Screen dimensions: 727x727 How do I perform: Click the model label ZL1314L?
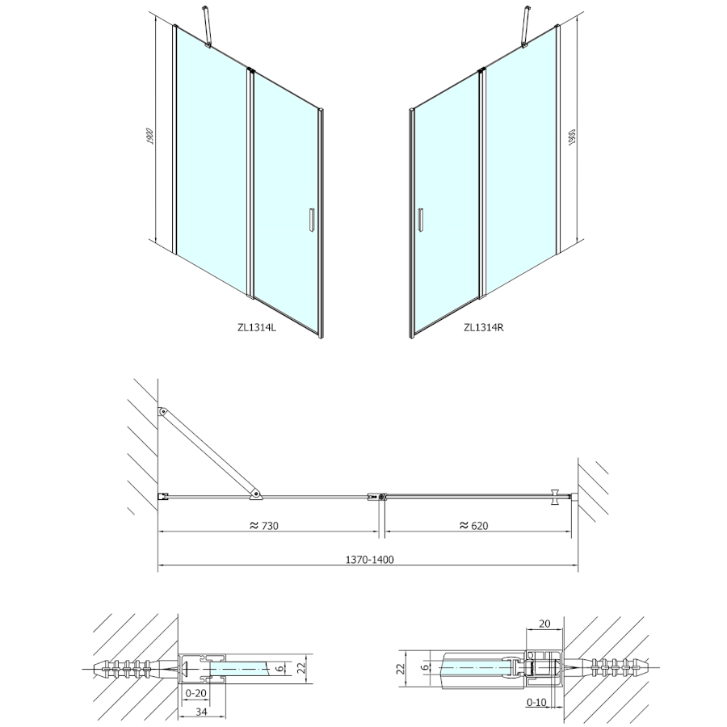[256, 327]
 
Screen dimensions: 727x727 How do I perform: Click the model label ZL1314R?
[484, 327]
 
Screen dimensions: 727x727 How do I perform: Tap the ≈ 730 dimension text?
[264, 525]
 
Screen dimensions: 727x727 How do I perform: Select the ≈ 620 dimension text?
[474, 525]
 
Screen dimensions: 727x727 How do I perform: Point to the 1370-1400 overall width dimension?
[369, 560]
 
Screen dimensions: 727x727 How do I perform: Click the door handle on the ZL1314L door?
[312, 219]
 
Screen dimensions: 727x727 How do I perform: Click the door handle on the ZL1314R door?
[420, 219]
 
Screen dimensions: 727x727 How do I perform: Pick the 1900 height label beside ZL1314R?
[572, 137]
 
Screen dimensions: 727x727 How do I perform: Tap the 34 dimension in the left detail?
[201, 712]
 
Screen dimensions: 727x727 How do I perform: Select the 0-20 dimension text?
[195, 693]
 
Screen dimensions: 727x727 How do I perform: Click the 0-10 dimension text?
[536, 703]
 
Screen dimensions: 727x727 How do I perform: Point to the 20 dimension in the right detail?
[544, 624]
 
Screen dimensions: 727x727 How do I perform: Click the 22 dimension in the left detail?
[300, 668]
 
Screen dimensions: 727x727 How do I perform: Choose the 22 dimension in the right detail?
[401, 668]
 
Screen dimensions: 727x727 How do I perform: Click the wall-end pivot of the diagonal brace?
[162, 411]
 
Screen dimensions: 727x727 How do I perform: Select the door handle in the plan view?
[555, 497]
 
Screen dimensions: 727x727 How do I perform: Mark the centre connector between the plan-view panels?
[377, 497]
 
